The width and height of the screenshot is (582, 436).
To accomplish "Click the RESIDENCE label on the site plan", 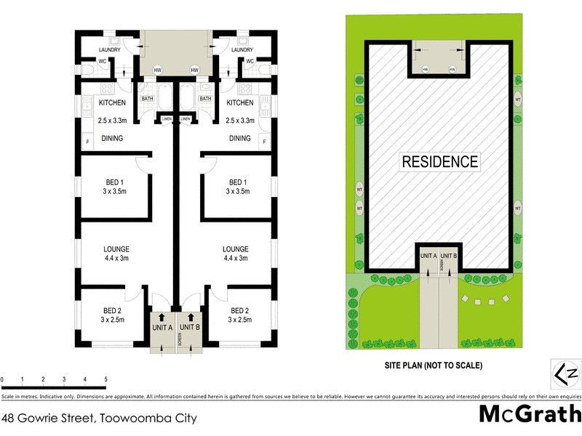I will tap(441, 162).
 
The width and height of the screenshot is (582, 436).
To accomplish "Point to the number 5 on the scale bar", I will tap(106, 379).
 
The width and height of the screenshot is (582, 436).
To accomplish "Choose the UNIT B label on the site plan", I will tap(449, 255).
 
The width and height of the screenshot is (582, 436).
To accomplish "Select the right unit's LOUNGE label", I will tap(235, 249).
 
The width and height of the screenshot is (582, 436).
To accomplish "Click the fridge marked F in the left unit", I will tap(88, 140).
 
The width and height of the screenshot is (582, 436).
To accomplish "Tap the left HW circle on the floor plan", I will tap(158, 70).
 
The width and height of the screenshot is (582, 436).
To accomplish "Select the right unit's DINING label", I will tap(240, 138).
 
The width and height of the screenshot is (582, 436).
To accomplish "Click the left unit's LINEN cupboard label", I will tap(167, 119).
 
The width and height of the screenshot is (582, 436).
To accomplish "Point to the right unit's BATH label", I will tap(205, 99).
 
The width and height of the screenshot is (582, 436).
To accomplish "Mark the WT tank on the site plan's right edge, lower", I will tap(518, 209).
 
